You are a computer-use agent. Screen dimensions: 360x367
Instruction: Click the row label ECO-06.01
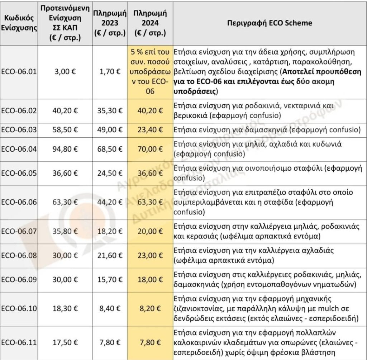pos(19,71)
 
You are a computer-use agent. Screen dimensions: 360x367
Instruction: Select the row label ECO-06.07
pos(19,232)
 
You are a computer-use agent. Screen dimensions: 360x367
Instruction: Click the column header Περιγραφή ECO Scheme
pos(270,23)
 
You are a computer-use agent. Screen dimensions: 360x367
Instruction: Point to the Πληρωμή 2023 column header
pos(110,23)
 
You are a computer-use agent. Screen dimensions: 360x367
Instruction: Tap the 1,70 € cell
pos(110,71)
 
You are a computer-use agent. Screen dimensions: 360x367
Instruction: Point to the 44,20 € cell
pos(110,202)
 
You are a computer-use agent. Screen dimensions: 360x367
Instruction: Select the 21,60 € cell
pos(110,255)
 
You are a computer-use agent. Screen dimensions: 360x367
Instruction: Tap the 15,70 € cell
pos(110,280)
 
